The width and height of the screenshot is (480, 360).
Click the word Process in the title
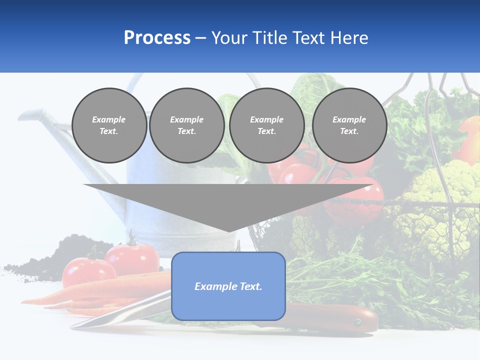(x=157, y=38)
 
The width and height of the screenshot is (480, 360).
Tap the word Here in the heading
(x=348, y=38)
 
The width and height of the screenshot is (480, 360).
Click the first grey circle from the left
(x=109, y=125)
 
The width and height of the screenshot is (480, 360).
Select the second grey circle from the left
(x=186, y=125)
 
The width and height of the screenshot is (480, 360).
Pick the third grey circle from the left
(x=266, y=125)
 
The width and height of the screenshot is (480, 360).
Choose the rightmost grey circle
(x=349, y=125)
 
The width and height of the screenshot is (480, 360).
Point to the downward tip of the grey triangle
(x=228, y=230)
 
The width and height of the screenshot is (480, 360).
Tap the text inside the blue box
(x=228, y=286)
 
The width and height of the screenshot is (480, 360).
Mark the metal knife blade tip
(x=75, y=326)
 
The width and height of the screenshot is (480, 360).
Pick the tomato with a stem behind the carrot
(x=132, y=257)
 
